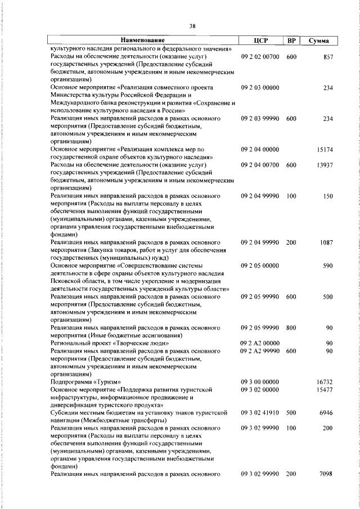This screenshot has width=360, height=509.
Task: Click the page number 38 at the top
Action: point(192,26)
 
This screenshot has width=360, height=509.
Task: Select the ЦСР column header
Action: point(260,40)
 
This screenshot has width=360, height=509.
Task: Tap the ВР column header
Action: point(291,40)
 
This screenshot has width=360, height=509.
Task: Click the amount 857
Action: point(328,57)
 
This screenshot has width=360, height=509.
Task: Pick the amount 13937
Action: point(325,165)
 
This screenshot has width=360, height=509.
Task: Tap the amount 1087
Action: point(327,242)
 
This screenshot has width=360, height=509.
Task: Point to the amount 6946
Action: point(327,413)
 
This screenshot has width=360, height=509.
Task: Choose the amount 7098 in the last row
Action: point(327,474)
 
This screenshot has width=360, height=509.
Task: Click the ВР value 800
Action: point(291,327)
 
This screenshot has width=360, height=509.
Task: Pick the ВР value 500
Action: point(291,413)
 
